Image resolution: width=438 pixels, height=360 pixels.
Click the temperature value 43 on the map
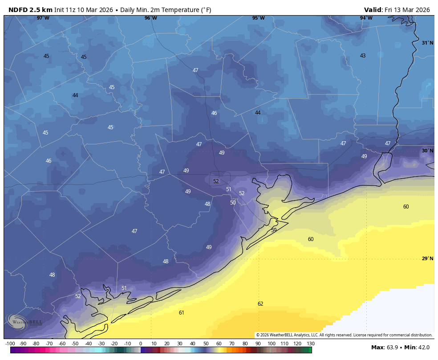coord(363,56)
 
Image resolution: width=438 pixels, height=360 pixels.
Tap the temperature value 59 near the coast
coord(274,230)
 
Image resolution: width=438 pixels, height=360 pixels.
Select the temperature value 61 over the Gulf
coord(182,313)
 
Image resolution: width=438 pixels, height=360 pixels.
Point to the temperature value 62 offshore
coord(260,304)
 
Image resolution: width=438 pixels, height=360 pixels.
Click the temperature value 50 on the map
coord(233,203)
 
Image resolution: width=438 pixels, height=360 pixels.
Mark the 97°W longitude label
coord(43,18)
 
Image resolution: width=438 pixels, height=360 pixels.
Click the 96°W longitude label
coord(151,18)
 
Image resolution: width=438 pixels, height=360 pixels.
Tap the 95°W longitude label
coord(259,18)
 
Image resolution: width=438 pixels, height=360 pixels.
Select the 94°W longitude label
coord(366,18)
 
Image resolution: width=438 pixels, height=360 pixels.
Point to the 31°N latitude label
coord(427,43)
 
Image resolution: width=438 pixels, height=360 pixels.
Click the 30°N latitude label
coord(427,151)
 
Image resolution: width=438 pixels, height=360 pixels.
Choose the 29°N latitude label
coord(427,259)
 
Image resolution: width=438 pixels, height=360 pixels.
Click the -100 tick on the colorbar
coord(10,344)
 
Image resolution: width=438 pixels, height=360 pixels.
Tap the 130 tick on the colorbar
coord(311,344)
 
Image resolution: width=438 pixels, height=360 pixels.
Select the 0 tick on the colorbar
coord(141,344)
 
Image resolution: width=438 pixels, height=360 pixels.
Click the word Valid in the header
coord(373,10)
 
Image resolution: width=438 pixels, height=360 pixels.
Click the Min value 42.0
coord(424,347)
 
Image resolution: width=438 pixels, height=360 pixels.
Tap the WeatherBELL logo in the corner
coord(24,321)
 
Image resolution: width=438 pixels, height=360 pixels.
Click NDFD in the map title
coord(18,10)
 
